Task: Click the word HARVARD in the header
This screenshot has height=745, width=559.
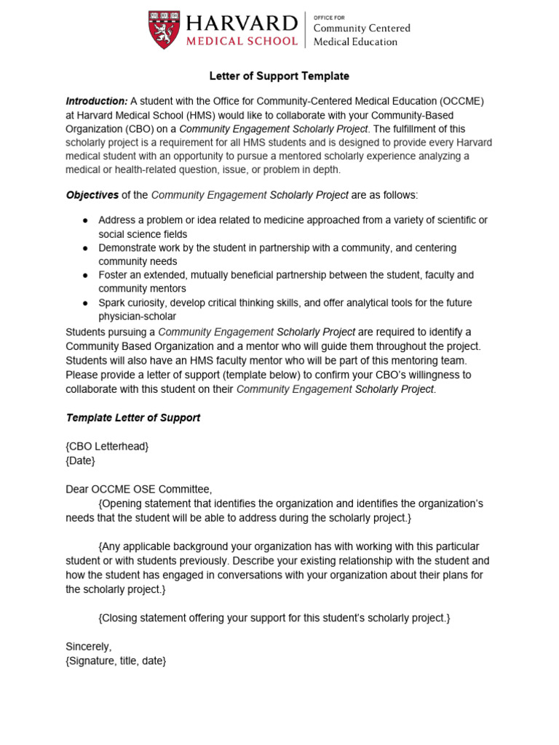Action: pos(240,22)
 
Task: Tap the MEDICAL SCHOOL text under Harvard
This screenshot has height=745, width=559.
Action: pos(240,41)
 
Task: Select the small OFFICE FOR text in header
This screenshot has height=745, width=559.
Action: pos(328,15)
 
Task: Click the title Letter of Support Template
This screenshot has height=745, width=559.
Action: pos(279,76)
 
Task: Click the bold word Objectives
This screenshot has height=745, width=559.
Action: pos(92,195)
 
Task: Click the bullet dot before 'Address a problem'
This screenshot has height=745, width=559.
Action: pos(85,220)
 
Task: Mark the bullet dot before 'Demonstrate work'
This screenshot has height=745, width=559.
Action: pos(85,248)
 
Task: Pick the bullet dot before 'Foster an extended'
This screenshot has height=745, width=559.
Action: pos(85,276)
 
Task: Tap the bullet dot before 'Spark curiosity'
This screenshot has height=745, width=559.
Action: pos(85,303)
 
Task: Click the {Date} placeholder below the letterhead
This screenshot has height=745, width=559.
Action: pos(80,461)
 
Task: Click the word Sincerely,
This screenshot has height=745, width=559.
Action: pos(89,646)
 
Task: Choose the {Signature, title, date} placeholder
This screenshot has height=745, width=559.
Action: pos(116,660)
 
